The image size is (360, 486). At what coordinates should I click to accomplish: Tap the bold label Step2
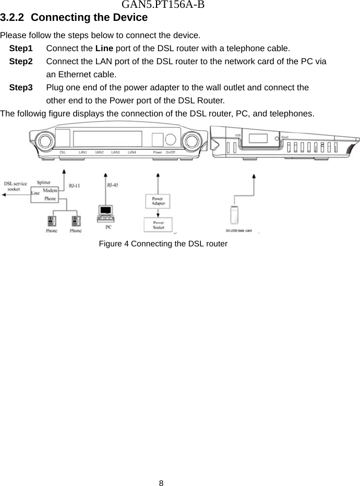pos(21,62)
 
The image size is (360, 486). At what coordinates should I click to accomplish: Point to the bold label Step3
pos(21,88)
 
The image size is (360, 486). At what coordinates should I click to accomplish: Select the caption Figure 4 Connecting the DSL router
pos(163,244)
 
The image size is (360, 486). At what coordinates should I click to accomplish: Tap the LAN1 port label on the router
pos(83,152)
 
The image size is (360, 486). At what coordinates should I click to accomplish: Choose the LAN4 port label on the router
pos(132,152)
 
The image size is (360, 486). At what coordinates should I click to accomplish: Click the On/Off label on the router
pos(171,152)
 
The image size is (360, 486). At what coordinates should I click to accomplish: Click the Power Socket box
pos(158,225)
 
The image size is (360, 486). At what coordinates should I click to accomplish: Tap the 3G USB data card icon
pos(234,214)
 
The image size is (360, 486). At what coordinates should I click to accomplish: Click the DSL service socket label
pos(16,186)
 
